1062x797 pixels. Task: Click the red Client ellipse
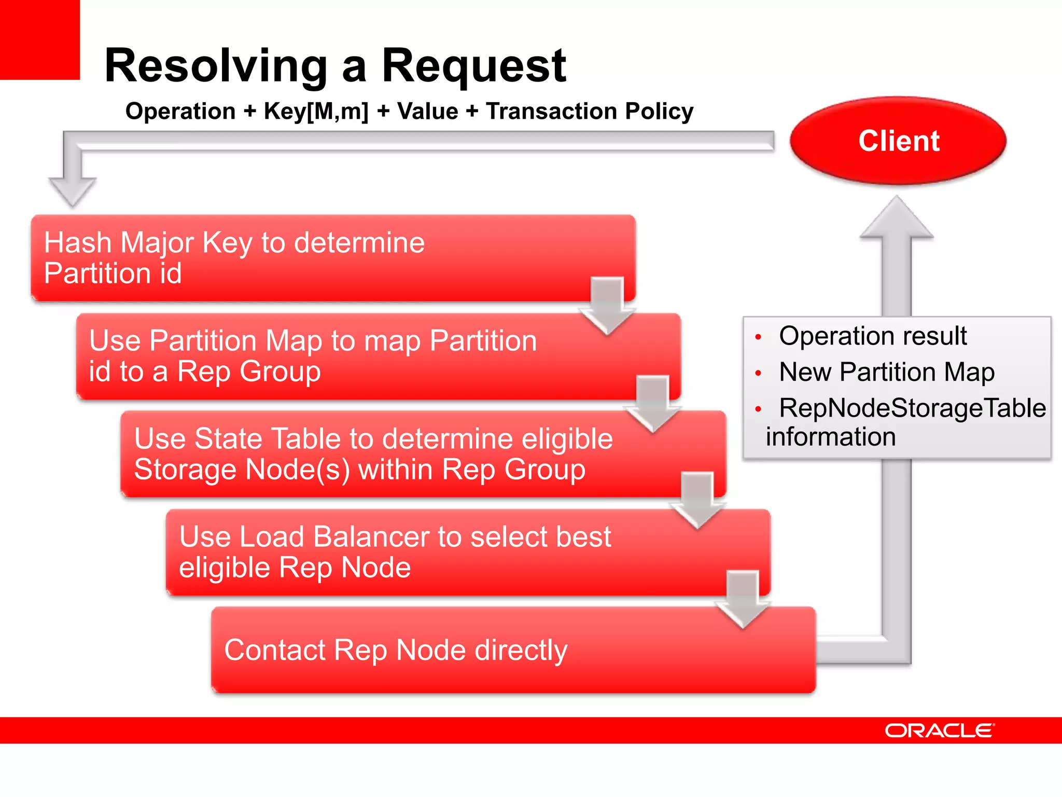pyautogui.click(x=898, y=141)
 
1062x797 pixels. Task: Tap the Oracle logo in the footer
pyautogui.click(x=939, y=731)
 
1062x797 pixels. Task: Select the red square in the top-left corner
pyautogui.click(x=39, y=39)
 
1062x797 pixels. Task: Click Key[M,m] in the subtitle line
pyautogui.click(x=316, y=112)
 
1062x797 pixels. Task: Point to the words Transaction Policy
pyautogui.click(x=590, y=112)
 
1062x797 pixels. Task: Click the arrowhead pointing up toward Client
pyautogui.click(x=897, y=218)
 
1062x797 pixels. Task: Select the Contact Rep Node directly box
pyautogui.click(x=513, y=650)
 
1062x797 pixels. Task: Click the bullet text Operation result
pyautogui.click(x=873, y=336)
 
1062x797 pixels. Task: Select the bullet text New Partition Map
pyautogui.click(x=886, y=372)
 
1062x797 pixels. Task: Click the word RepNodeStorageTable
pyautogui.click(x=912, y=408)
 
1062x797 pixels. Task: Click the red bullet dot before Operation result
pyautogui.click(x=758, y=337)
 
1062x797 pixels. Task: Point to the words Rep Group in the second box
pyautogui.click(x=249, y=372)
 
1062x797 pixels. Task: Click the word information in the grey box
pyautogui.click(x=831, y=437)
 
